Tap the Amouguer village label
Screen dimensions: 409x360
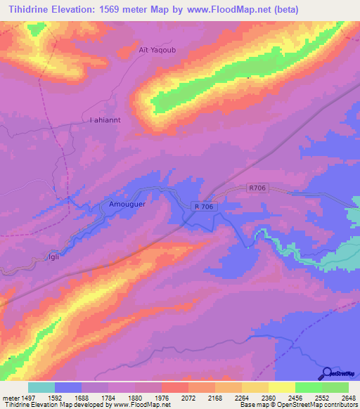point(127,204)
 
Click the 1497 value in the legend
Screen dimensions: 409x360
point(28,397)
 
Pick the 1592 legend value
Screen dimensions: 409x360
point(55,397)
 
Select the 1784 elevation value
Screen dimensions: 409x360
point(108,397)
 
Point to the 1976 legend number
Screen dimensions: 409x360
point(162,397)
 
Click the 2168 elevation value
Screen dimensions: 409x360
point(215,397)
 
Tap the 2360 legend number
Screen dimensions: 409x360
point(269,397)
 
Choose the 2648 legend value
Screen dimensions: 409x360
point(349,397)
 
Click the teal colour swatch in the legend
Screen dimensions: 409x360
point(41,387)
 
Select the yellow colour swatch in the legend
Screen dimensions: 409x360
point(282,387)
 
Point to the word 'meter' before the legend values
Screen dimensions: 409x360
point(10,397)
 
